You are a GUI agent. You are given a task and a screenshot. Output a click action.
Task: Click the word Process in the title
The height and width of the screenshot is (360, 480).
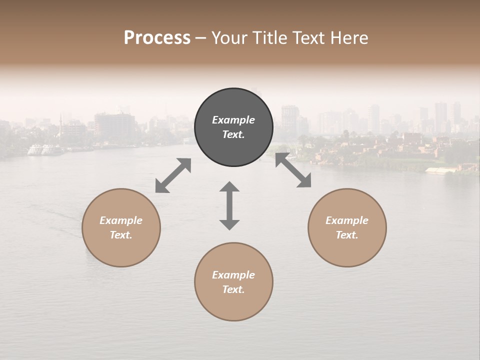pos(157,38)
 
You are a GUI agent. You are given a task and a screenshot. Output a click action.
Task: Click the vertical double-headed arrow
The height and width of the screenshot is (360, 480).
pos(229,205)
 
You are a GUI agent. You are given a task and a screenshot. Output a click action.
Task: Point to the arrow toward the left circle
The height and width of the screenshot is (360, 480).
pos(173,175)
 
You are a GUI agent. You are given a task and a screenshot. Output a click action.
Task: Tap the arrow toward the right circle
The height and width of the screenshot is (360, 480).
pos(293,170)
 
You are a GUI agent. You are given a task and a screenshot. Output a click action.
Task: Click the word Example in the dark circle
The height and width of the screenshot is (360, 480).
pos(233,120)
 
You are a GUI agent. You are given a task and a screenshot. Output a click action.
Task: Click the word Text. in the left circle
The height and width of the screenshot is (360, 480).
pos(121,235)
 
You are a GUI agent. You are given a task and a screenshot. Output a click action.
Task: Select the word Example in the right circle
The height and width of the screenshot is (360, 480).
pos(347,220)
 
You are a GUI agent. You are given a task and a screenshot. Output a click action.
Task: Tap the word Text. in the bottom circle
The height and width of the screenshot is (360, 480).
pos(233,289)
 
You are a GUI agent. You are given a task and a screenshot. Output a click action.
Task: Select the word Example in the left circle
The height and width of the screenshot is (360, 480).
pos(121,220)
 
